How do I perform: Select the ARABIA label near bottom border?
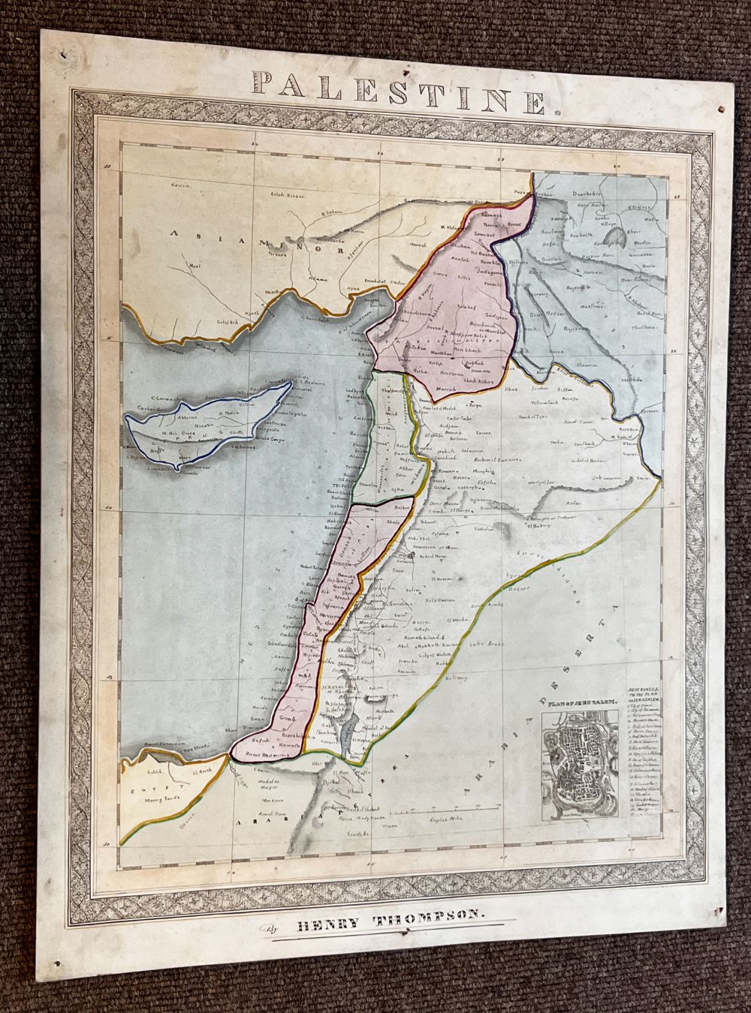tap(254, 824)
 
